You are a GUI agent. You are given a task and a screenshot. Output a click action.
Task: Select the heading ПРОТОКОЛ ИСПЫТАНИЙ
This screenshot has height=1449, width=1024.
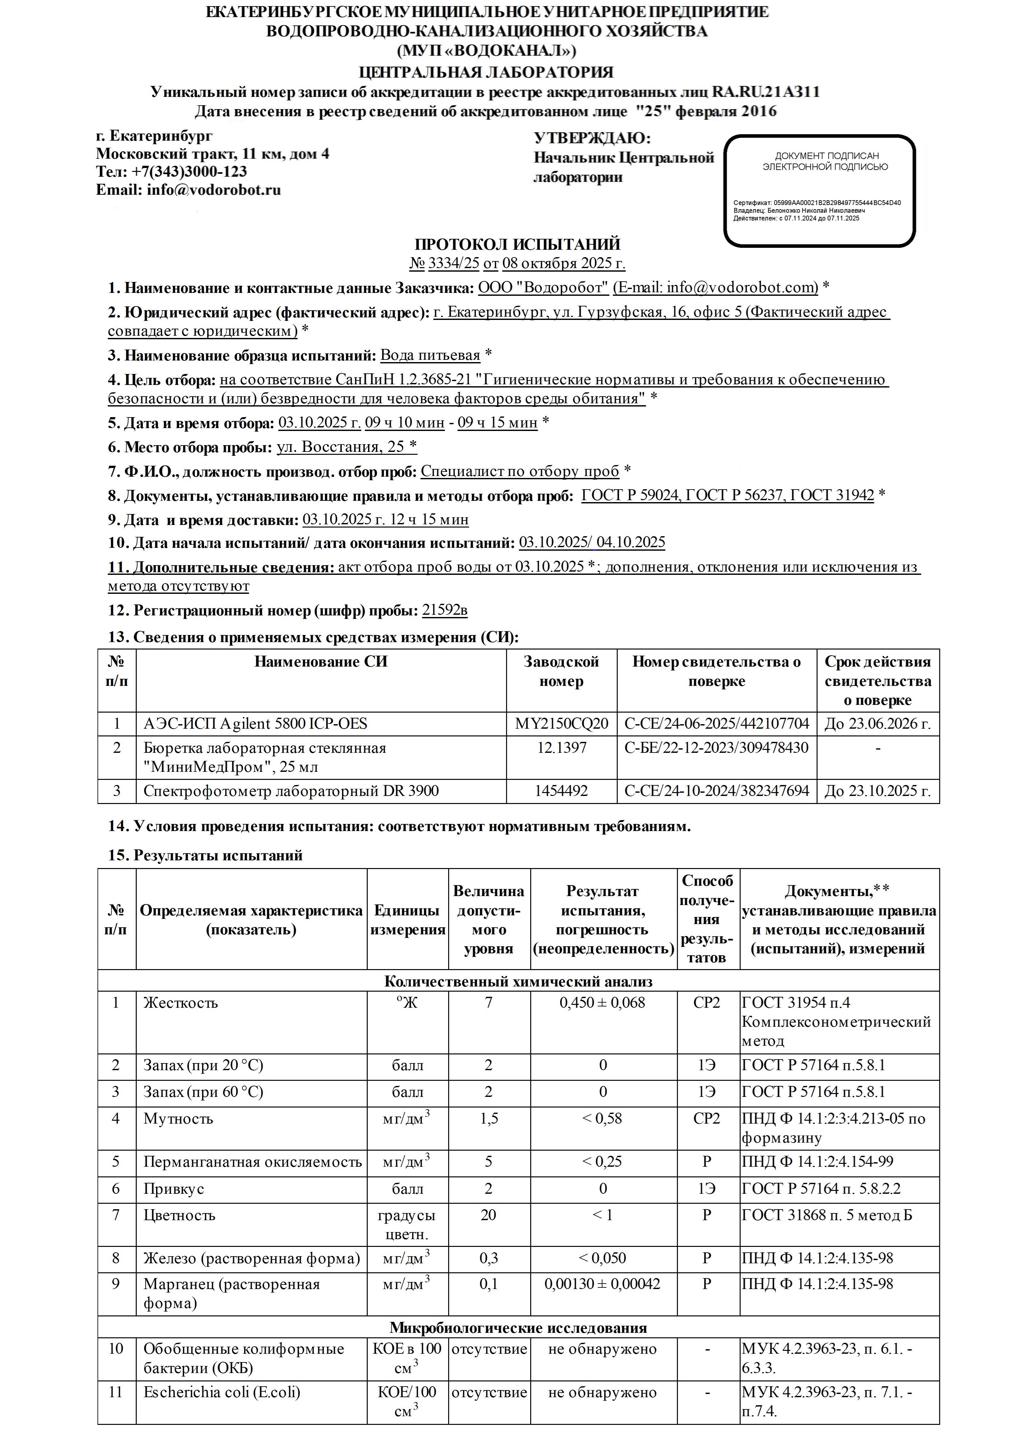tap(517, 244)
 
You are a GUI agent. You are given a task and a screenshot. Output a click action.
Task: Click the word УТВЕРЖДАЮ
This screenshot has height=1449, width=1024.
tap(592, 138)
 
